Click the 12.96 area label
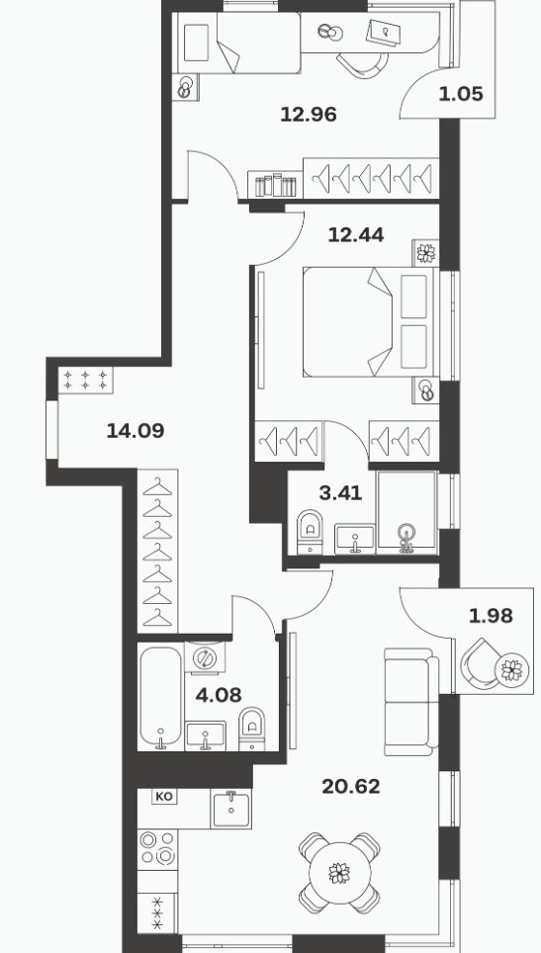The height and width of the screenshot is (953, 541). pos(309,115)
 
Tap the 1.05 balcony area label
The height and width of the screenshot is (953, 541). pos(461,94)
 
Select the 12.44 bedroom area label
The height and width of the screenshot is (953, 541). pos(356,234)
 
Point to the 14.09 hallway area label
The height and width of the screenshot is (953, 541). pos(135,431)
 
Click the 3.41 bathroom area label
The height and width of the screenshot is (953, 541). pos(340,493)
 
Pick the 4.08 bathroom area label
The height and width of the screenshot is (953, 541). pos(219,694)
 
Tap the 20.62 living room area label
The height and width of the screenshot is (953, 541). pos(351,787)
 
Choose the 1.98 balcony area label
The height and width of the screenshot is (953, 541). pos(491,616)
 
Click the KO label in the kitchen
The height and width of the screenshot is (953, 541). pos(165,796)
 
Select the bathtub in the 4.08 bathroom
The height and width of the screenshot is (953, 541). pos(160,698)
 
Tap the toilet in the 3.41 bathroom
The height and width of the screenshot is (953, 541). pos(310,531)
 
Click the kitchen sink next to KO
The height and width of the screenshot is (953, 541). pos(231,809)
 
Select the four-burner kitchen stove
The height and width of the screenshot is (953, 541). pos(157,848)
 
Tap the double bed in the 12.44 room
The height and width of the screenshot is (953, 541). pos(371,322)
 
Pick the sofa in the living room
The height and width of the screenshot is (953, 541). pos(411,702)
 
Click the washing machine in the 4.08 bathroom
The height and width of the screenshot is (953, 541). pos(205,657)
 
